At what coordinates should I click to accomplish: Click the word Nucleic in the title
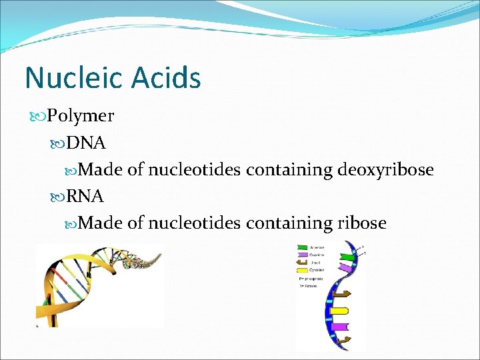(73, 78)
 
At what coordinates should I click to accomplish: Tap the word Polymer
(80, 116)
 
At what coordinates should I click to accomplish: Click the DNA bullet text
(86, 143)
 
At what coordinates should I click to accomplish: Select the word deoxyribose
(385, 170)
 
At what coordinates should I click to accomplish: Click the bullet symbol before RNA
(58, 196)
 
